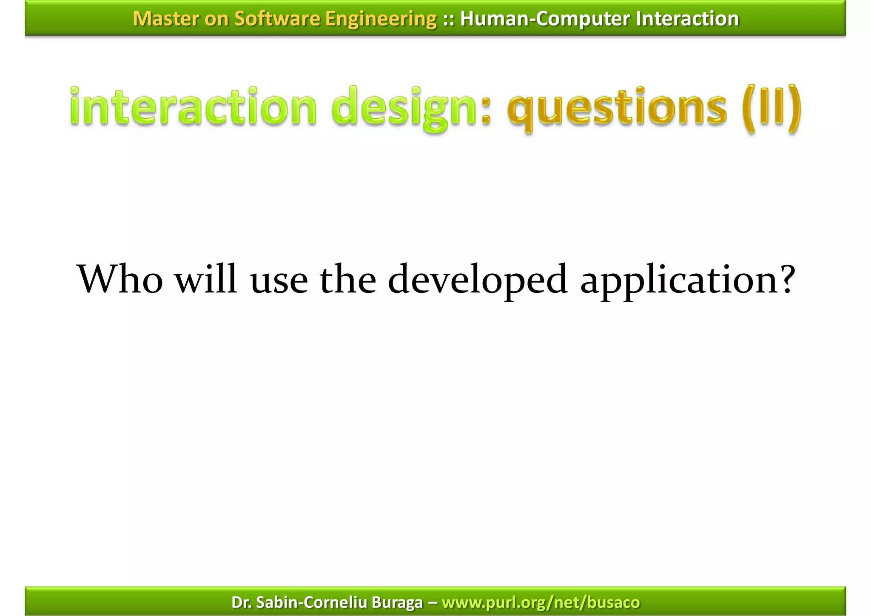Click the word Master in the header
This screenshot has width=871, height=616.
pyautogui.click(x=165, y=19)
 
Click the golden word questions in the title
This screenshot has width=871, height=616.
pyautogui.click(x=617, y=109)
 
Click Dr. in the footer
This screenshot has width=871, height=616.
pyautogui.click(x=242, y=602)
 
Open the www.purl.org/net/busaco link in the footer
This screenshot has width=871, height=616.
pyautogui.click(x=541, y=602)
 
